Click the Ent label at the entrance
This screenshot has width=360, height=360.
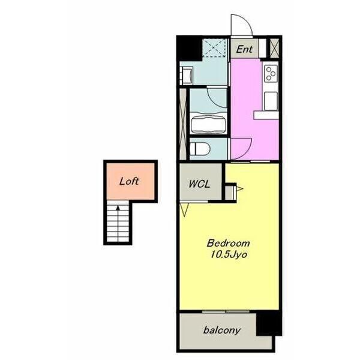(x=244, y=49)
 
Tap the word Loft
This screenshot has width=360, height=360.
(x=129, y=181)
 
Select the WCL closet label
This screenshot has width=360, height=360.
(x=199, y=184)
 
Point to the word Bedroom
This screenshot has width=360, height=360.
(x=228, y=243)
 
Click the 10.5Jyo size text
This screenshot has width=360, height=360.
(x=229, y=254)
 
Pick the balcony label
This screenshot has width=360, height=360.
(x=222, y=330)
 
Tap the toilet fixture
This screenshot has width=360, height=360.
(x=200, y=149)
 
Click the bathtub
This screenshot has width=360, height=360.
(x=208, y=124)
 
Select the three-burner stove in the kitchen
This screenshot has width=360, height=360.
(x=271, y=73)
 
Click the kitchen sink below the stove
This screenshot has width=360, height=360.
(x=271, y=101)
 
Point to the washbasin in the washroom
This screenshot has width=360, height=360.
(x=187, y=76)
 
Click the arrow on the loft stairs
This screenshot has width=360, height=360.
(x=118, y=223)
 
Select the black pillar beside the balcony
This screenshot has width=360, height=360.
(x=269, y=323)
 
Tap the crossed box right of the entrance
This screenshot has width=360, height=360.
(x=274, y=48)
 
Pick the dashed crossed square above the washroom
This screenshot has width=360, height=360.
(x=214, y=48)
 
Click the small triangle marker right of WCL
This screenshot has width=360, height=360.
(x=239, y=189)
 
